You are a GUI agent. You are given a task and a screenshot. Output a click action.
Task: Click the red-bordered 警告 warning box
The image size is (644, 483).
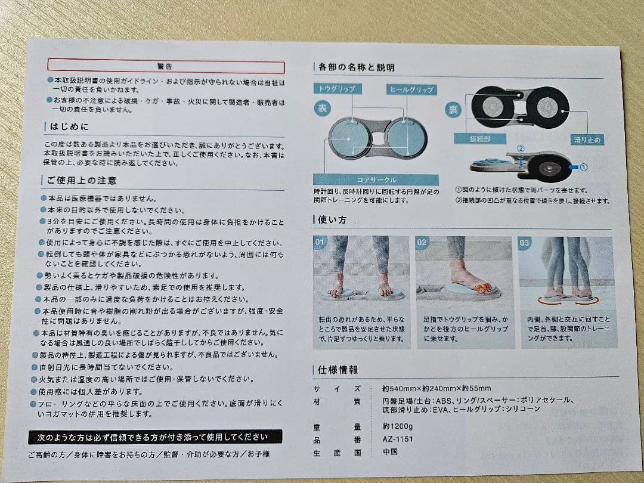[x=165, y=66]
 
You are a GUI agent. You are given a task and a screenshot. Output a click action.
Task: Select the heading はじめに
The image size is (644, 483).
[x=67, y=127]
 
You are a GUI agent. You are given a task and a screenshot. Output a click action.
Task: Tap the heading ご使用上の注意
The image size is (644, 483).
[x=81, y=180]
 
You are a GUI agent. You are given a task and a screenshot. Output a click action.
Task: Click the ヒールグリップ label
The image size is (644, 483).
[x=411, y=89]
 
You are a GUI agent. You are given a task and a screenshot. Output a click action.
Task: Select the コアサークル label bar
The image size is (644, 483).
[x=376, y=179]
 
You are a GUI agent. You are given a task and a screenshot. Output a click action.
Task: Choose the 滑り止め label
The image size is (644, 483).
[x=587, y=140]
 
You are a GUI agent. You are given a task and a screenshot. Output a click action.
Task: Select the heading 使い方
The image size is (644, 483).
[x=333, y=220]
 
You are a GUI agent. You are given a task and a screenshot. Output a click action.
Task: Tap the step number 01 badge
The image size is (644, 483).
[x=321, y=243]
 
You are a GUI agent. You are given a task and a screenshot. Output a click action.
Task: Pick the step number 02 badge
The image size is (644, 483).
[x=422, y=243]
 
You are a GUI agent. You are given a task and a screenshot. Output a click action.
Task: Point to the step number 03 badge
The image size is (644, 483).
[x=525, y=243]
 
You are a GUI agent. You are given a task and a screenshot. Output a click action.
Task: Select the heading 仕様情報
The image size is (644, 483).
[x=338, y=370]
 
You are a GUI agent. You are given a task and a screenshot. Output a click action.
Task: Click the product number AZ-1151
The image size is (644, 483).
[x=398, y=439]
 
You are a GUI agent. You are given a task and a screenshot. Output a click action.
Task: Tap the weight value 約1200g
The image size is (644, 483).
[x=397, y=427]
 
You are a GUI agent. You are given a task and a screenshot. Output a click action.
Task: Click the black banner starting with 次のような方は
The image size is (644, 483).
[x=155, y=437]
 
